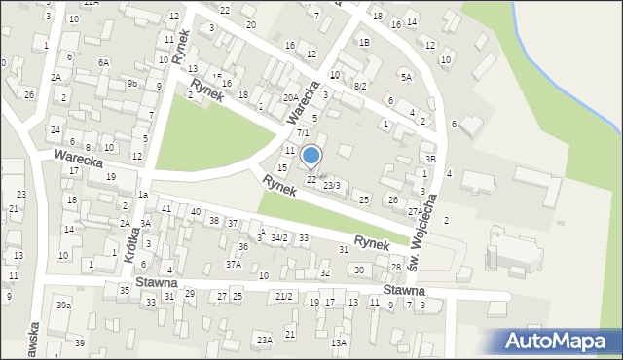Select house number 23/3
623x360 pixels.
click(332, 185)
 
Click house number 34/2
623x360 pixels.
click(278, 237)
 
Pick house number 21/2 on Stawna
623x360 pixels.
click(284, 296)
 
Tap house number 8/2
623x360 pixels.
click(359, 87)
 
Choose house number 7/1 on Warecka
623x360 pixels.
click(303, 132)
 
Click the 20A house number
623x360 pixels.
click(290, 97)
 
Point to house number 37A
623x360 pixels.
click(234, 264)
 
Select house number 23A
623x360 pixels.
click(264, 340)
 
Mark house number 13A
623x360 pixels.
click(338, 342)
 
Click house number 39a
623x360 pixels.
click(63, 306)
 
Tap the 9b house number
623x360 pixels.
click(131, 84)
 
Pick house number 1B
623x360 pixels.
click(364, 43)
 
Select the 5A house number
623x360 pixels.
click(406, 77)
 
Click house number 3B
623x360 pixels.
click(429, 158)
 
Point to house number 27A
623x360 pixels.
click(415, 211)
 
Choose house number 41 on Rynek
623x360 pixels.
click(166, 209)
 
